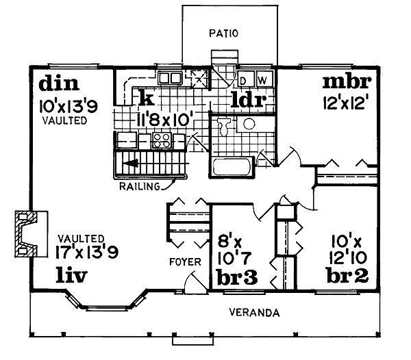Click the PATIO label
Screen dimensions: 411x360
[223, 34]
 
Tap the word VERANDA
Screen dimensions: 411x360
[254, 313]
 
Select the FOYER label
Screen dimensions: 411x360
[185, 262]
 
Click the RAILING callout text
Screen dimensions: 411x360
[140, 186]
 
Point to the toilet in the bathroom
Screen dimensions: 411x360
[225, 126]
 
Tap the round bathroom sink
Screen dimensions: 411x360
[249, 124]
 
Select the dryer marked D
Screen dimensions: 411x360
[245, 78]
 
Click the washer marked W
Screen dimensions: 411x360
[264, 78]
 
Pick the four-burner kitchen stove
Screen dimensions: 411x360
[162, 140]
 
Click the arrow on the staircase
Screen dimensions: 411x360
[130, 163]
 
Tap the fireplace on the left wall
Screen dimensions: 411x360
[32, 233]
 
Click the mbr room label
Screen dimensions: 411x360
[347, 81]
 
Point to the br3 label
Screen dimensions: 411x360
[237, 277]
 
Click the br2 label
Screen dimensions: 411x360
[347, 275]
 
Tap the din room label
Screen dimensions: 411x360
[59, 83]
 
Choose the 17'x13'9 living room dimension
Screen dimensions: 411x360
[87, 252]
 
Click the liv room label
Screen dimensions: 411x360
[71, 275]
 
